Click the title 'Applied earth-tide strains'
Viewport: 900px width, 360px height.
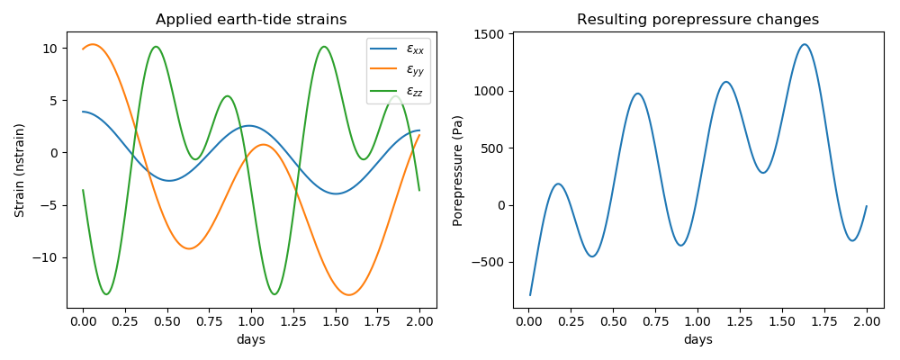(251, 20)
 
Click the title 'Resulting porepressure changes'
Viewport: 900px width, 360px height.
(697, 20)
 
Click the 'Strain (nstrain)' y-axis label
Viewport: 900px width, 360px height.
(20, 170)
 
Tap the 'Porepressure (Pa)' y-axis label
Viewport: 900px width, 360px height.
(458, 170)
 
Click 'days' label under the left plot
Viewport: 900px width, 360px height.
(251, 339)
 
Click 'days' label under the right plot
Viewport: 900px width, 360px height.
(697, 339)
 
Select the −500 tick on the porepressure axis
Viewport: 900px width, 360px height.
(490, 262)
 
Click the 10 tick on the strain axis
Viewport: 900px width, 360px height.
(51, 48)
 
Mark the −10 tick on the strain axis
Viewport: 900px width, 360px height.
(47, 257)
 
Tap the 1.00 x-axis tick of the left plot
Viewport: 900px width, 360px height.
(251, 319)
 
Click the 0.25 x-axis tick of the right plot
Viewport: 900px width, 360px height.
(571, 319)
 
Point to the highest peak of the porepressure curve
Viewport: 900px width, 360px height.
(805, 44)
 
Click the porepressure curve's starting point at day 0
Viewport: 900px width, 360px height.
(530, 294)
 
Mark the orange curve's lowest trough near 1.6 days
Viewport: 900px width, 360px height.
(349, 294)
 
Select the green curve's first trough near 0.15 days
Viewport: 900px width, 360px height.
(107, 294)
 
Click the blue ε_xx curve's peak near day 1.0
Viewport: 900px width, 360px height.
(250, 126)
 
